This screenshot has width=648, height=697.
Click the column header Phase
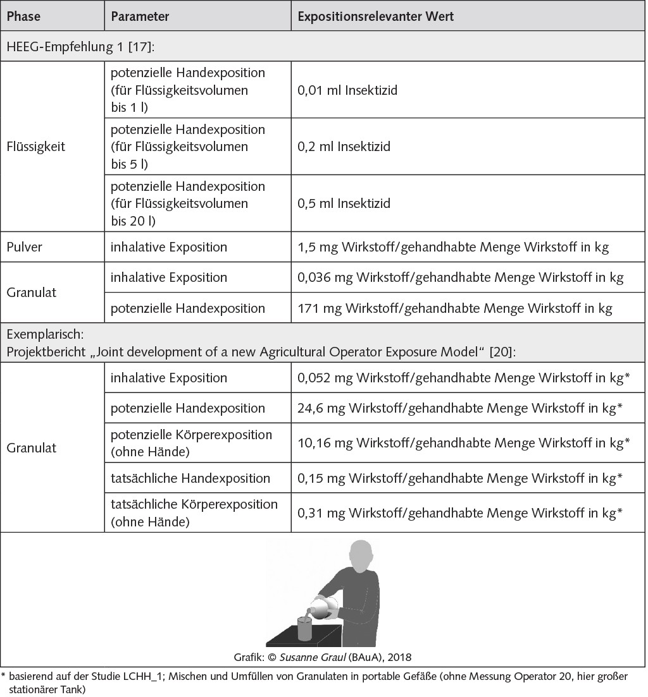[23, 17]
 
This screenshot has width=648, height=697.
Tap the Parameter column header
[140, 17]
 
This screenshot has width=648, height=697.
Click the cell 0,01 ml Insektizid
[347, 90]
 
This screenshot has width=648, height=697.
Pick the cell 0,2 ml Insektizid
[344, 147]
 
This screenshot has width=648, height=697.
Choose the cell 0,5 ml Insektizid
[344, 203]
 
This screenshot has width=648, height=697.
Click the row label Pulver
[24, 246]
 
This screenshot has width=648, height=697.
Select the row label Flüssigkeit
[35, 147]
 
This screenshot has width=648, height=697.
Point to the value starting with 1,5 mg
[453, 246]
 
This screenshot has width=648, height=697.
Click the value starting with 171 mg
[454, 308]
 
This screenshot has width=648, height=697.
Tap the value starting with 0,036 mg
[460, 277]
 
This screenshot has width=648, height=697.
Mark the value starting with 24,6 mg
[463, 409]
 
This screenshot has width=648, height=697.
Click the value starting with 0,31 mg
[463, 512]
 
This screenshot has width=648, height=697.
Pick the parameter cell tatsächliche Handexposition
[190, 478]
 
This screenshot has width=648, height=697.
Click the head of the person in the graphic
[361, 555]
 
